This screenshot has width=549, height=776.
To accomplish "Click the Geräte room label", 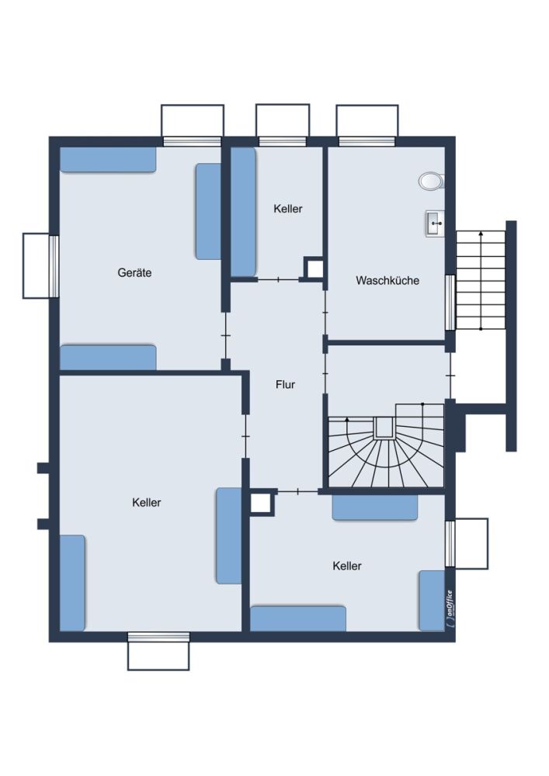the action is pyautogui.click(x=134, y=272).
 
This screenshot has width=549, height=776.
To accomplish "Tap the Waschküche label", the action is pyautogui.click(x=387, y=281).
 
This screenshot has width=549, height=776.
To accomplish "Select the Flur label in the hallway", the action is pyautogui.click(x=285, y=385).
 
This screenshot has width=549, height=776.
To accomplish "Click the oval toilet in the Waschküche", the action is pyautogui.click(x=431, y=181).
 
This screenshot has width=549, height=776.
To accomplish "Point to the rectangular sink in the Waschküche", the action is pyautogui.click(x=435, y=223).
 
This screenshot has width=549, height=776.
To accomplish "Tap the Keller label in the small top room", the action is pyautogui.click(x=287, y=209).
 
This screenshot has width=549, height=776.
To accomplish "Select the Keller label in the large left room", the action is pyautogui.click(x=147, y=503).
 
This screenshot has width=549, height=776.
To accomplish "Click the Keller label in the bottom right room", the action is pyautogui.click(x=347, y=566).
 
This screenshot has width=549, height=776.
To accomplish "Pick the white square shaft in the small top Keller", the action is pyautogui.click(x=314, y=268).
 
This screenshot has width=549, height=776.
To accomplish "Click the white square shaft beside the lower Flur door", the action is pyautogui.click(x=262, y=503).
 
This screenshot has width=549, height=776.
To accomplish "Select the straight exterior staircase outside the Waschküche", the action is pyautogui.click(x=481, y=280).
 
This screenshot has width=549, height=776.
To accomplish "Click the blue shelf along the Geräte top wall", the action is pyautogui.click(x=108, y=160).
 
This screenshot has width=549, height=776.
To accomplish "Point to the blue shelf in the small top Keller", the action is pyautogui.click(x=244, y=213).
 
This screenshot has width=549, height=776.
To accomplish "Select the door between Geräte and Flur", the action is pyautogui.click(x=225, y=336).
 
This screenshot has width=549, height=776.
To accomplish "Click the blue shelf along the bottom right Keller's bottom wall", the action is pyautogui.click(x=298, y=618).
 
